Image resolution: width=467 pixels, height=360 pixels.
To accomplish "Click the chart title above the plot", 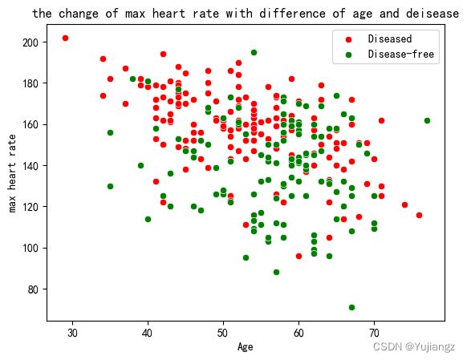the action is coord(246,14).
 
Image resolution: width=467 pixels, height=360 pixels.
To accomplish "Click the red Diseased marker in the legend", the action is coord(348,39).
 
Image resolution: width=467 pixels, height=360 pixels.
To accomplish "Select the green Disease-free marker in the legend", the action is coord(348,55).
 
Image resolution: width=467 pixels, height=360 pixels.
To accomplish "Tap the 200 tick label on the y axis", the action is coord(30,42).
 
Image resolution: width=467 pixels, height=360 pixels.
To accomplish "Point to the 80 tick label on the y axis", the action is coord(33,289).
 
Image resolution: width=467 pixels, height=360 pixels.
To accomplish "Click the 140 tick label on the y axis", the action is coord(30,166).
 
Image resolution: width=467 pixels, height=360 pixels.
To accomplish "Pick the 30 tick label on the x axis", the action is coord(72,333).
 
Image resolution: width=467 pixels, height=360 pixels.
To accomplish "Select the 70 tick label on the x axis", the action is coord(374,333).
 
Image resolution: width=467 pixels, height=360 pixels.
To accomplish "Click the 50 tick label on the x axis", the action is coord(223,333).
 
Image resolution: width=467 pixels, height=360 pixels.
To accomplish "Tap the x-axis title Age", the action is coord(246,347).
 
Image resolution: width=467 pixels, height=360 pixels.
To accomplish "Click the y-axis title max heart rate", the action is coord(12,173).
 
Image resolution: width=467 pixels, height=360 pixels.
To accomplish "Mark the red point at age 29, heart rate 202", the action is coord(65,38).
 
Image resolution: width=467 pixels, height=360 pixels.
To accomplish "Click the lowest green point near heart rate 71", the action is coord(351,307).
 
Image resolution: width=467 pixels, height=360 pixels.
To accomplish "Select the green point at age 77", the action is coord(427,120).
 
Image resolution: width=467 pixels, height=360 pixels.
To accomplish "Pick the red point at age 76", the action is coord(420,215).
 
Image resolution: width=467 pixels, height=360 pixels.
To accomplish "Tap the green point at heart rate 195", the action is coord(254,52).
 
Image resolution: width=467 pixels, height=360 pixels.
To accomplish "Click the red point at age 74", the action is coord(404,204).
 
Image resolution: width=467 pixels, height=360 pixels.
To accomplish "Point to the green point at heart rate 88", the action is coord(276,273).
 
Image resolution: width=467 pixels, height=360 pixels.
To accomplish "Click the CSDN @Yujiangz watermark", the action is coord(414,346).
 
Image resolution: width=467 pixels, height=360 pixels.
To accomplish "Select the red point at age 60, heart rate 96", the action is coord(298,256).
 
